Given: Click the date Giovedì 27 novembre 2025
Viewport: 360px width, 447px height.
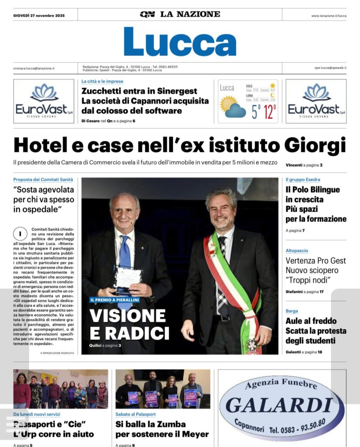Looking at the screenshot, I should [x=39, y=16].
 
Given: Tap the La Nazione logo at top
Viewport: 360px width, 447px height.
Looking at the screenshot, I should [x=180, y=14].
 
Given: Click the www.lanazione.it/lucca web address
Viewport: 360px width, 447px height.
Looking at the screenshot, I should [x=329, y=16].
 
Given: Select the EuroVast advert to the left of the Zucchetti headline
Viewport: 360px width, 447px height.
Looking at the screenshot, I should [x=44, y=101].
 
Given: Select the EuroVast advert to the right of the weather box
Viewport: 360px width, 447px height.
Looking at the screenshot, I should [x=316, y=101].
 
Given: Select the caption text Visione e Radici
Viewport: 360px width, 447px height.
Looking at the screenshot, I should [x=129, y=324].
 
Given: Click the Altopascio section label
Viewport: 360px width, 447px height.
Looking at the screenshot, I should [x=297, y=251].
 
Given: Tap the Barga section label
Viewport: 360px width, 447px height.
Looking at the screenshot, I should [x=292, y=311].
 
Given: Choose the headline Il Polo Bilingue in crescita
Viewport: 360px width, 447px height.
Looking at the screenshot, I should [x=312, y=195].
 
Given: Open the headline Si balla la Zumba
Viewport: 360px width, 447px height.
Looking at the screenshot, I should [x=151, y=424].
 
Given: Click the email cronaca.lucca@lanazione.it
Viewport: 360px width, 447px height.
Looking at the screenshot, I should [x=34, y=68].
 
